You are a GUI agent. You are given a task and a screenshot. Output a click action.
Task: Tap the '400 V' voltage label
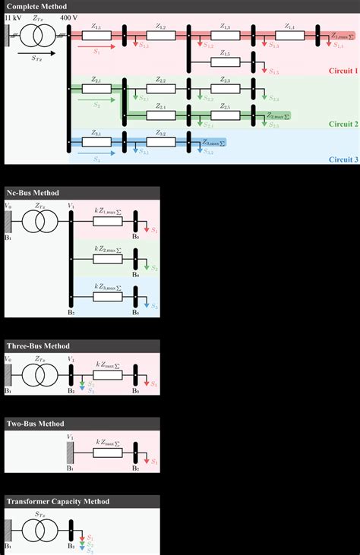69,16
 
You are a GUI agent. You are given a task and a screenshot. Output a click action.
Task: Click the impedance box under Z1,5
225,62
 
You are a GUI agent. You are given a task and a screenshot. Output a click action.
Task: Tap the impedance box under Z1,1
96,33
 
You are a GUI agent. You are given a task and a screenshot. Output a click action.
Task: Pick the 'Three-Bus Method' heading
38,345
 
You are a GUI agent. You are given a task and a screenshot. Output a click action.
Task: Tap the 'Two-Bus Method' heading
35,424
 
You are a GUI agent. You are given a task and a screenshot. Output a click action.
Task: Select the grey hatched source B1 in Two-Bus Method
69,453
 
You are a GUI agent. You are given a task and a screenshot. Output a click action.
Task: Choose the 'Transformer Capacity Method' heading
58,501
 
